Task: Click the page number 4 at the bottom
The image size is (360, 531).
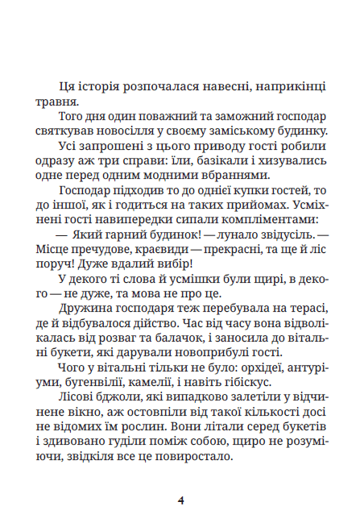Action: tap(180, 499)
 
